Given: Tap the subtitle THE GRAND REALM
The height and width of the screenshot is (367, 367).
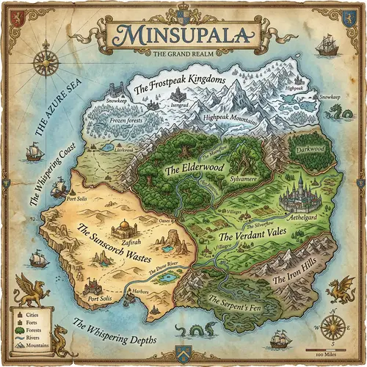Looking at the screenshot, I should pos(183,54).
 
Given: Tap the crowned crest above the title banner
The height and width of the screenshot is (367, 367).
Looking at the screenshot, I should pos(183,10).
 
